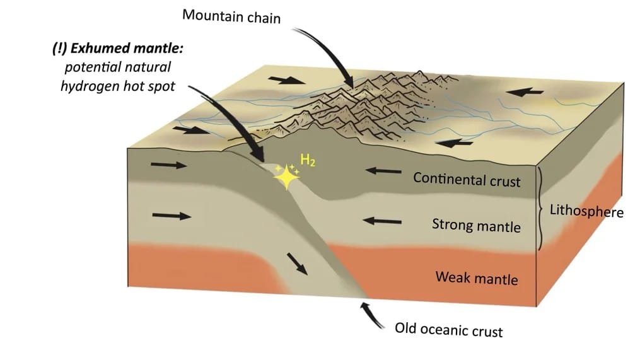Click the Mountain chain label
coord(231,16)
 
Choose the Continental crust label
coord(467,179)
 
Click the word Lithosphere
coord(586,210)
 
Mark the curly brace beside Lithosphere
coord(541,209)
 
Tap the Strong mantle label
coord(476,224)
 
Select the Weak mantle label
coord(476,277)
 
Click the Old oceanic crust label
coord(449,329)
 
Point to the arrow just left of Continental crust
coord(384,170)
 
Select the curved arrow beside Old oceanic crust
coord(371,315)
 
